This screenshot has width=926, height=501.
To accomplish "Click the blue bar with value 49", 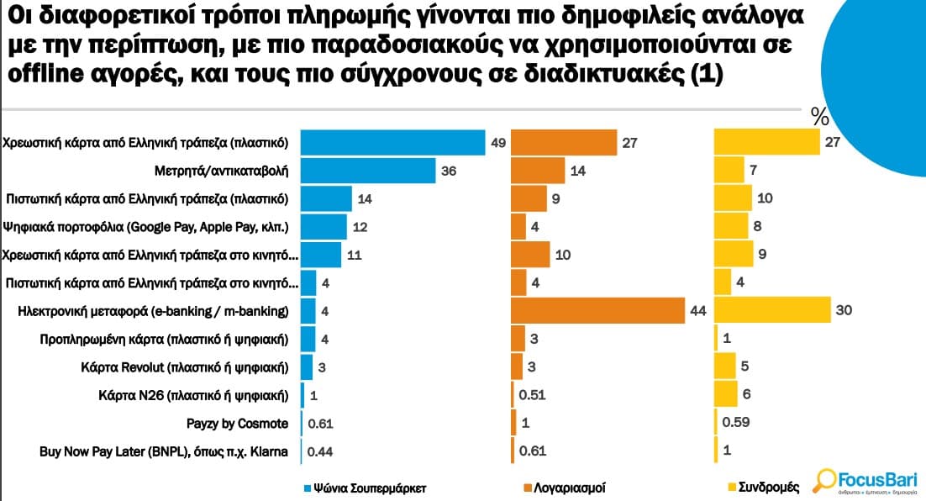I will [393, 143].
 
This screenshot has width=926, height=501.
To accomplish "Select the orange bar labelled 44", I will [599, 311].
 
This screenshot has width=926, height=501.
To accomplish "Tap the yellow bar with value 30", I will [772, 311].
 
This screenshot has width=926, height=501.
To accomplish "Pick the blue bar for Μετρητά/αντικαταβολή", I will [368, 171].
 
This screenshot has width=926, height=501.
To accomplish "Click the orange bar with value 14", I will [538, 171].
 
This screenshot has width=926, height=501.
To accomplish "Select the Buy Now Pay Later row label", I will [164, 451].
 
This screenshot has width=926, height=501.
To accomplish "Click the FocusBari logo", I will [865, 482].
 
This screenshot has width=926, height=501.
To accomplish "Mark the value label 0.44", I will [321, 451].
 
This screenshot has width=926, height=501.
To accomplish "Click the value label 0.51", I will [533, 395].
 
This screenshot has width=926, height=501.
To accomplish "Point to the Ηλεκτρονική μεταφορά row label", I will [153, 311].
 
